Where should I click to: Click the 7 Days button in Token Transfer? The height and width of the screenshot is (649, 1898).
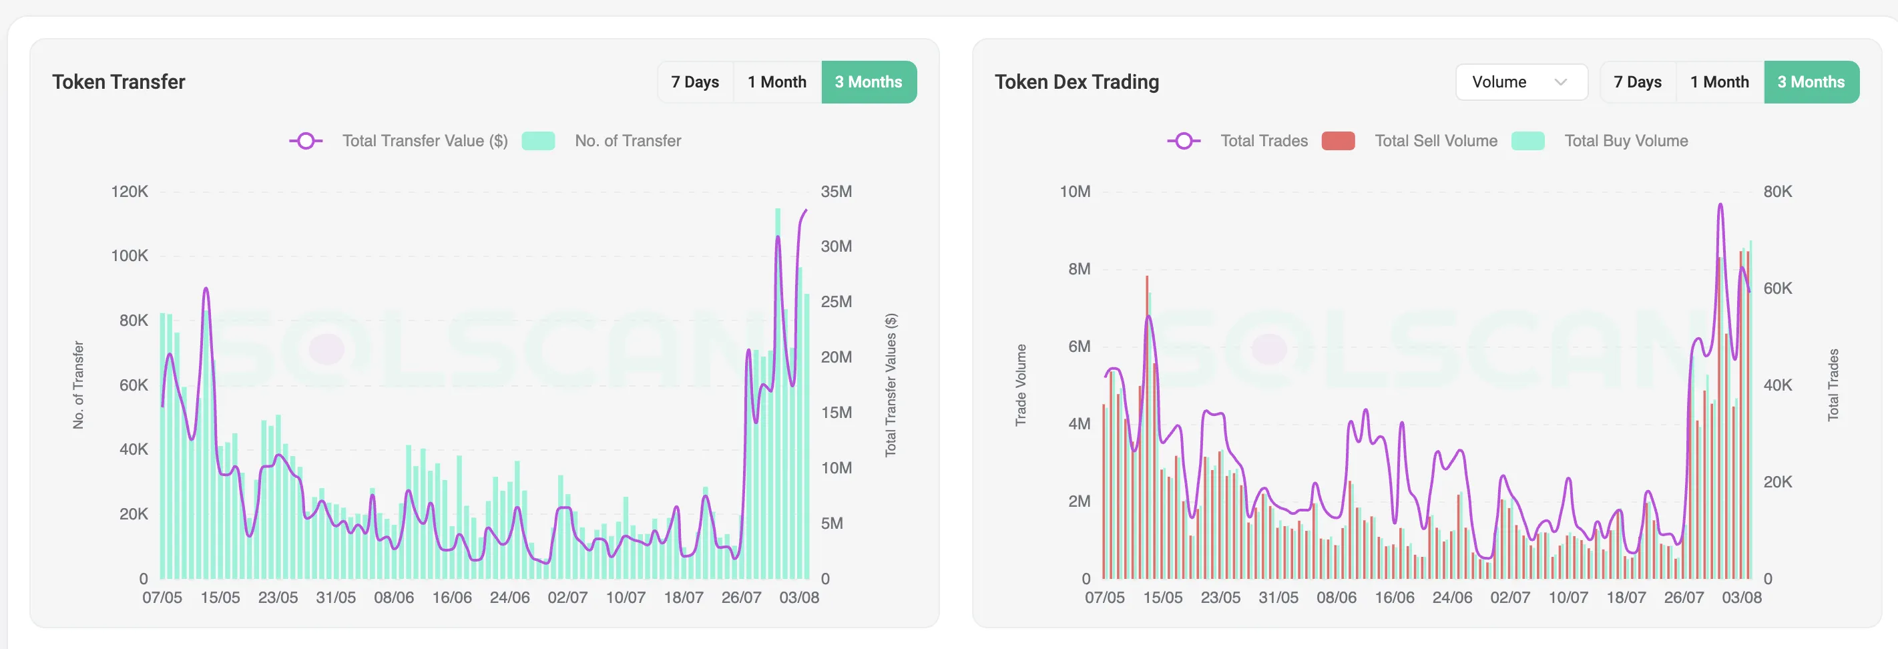point(695,81)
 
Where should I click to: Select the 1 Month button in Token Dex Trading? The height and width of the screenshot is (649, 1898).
point(1719,81)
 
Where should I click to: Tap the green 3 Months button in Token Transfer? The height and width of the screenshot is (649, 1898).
point(869,81)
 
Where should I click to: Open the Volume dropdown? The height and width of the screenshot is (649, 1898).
point(1521,81)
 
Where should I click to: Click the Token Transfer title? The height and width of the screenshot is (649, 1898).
point(119,81)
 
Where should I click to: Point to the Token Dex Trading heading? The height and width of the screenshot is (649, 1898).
point(1076,81)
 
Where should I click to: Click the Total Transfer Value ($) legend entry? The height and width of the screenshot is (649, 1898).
point(425,141)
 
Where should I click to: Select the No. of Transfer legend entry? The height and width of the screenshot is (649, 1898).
point(628,141)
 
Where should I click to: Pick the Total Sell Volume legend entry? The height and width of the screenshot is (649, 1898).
point(1435,141)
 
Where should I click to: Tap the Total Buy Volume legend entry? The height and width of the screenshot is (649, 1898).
point(1626,141)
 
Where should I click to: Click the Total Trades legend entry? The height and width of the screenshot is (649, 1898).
point(1264,141)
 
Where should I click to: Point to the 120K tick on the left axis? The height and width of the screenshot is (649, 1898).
point(130,192)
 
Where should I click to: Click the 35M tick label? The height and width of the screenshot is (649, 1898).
point(837,192)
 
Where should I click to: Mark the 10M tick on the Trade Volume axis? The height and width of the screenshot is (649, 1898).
point(1075,192)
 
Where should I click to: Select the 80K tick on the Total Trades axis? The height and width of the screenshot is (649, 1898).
point(1777,192)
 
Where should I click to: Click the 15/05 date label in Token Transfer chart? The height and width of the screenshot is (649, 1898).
point(220,598)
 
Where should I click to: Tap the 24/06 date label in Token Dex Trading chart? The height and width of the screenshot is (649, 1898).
point(1452,598)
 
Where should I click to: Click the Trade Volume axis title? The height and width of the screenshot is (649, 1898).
point(1021,385)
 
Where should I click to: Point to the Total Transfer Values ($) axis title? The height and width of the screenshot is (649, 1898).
point(891,385)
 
